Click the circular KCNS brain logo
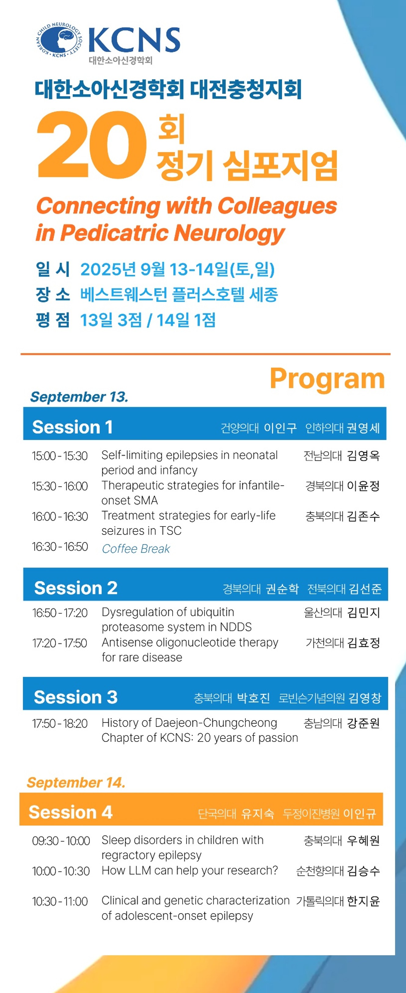[x=60, y=40]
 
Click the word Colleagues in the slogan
[x=277, y=206]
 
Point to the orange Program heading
[x=327, y=379]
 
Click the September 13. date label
[x=79, y=397]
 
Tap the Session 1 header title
[x=72, y=427]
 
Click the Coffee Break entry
[x=136, y=548]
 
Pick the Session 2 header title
[x=75, y=588]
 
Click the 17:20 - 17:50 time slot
[x=60, y=643]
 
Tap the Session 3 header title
[x=75, y=697]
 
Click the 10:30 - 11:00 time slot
[x=60, y=901]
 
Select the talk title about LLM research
[x=189, y=870]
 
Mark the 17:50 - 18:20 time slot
[x=60, y=723]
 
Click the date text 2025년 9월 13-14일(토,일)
[x=177, y=269]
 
